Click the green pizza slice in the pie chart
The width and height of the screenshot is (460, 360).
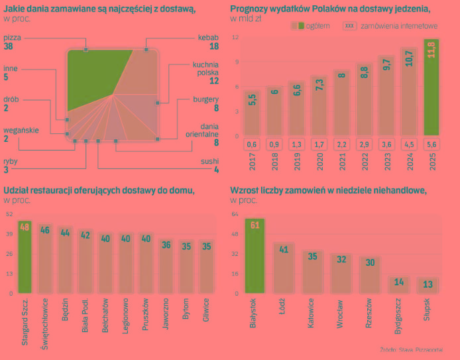coord(93,76)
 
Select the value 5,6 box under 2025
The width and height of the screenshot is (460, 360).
coord(431,145)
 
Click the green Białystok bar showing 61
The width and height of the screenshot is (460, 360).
coord(255,256)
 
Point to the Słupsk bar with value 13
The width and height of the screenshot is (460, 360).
coord(428,285)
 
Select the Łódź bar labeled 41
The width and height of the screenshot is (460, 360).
coord(284,268)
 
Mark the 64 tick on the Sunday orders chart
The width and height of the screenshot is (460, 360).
coord(234,214)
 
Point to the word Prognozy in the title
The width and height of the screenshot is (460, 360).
coord(249,8)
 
